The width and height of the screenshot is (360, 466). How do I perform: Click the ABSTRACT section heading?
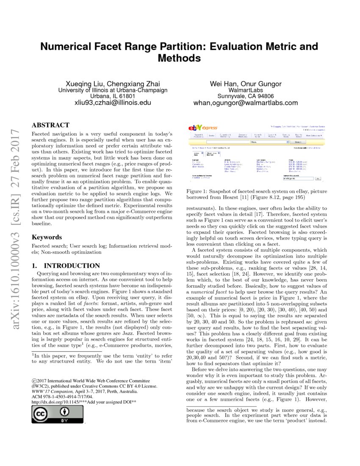click(50, 125)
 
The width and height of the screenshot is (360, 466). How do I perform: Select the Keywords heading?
click(47, 237)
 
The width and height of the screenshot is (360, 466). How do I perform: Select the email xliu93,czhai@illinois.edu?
click(113, 103)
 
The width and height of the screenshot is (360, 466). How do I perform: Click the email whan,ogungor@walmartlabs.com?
click(246, 103)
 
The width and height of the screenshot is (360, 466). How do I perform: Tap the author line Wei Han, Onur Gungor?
click(246, 84)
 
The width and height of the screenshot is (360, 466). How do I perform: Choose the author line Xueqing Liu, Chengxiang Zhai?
click(113, 84)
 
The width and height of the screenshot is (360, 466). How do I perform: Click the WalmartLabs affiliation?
click(246, 90)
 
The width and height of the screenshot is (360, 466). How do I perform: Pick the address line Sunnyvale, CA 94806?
click(246, 96)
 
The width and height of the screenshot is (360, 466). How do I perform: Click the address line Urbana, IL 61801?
click(113, 96)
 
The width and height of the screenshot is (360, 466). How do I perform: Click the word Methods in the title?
click(179, 58)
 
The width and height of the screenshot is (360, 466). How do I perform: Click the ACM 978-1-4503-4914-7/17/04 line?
click(62, 397)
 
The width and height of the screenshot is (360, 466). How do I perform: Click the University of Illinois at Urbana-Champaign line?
click(113, 90)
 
